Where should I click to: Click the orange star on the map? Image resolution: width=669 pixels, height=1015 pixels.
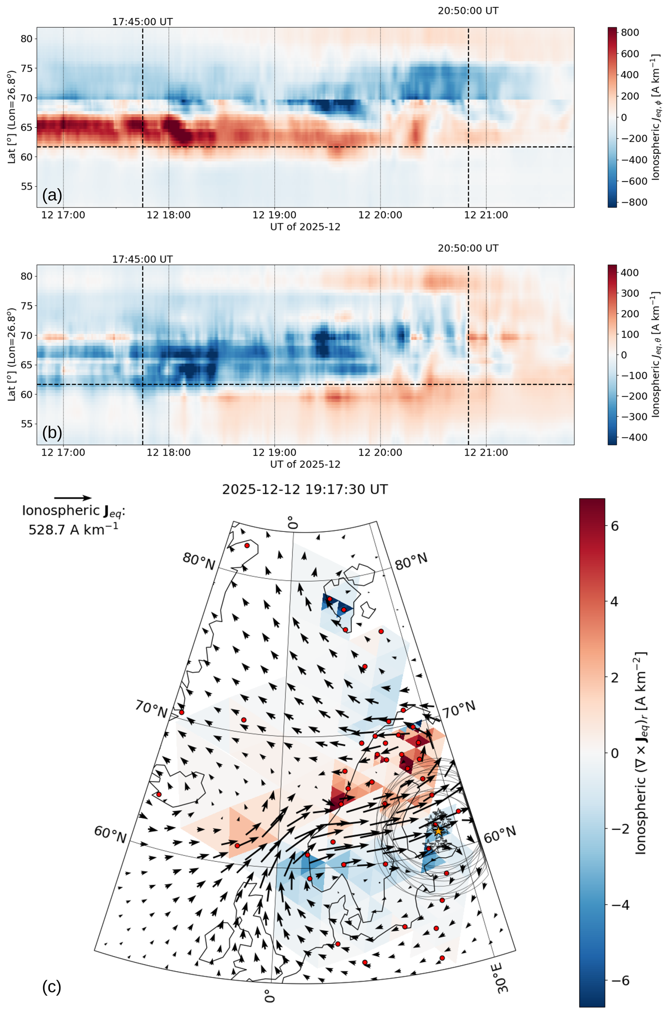tap(438, 831)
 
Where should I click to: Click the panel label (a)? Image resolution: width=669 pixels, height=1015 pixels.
tap(52, 195)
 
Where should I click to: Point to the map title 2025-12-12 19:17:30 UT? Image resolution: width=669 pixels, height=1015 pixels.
tap(305, 489)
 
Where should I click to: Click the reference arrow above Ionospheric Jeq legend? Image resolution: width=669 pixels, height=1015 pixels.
tap(73, 498)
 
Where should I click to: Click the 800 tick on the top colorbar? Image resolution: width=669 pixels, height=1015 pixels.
tap(630, 33)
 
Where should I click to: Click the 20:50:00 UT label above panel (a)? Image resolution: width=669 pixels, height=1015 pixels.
tap(468, 11)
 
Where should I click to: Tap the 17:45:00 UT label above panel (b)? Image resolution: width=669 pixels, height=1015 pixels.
tap(142, 259)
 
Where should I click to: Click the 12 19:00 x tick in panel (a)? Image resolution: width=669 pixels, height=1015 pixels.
tap(274, 215)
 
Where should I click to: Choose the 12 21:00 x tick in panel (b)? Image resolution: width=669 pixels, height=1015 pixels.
tap(486, 452)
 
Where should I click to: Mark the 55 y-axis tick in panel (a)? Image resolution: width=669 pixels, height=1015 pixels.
tap(27, 186)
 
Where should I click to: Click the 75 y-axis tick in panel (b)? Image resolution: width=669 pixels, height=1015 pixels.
tap(27, 306)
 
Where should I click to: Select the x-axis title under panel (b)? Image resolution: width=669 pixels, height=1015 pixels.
tap(305, 464)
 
